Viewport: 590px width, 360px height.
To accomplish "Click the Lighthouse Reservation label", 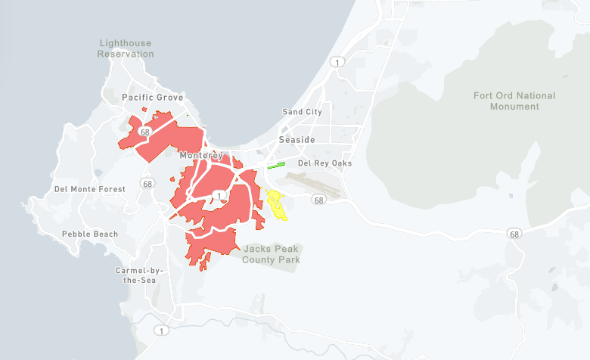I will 126,49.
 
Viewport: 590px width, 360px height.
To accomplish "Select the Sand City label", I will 302,112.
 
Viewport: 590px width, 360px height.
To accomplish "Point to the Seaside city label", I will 297,140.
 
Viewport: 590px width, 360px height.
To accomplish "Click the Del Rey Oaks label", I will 325,163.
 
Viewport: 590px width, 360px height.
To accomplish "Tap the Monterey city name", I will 201,156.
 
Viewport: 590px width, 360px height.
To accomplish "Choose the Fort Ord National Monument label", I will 514,101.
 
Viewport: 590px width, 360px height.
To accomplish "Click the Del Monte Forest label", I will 89,189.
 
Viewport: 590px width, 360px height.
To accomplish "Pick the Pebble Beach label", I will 90,234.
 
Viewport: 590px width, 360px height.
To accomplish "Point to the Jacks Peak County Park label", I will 271,254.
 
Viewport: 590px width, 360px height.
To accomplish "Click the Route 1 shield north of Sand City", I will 337,61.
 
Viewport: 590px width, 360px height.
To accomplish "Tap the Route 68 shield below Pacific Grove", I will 143,132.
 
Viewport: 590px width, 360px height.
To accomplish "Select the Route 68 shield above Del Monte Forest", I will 146,183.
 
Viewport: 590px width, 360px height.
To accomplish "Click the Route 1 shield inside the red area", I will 219,195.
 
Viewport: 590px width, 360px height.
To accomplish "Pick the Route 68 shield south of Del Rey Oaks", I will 318,200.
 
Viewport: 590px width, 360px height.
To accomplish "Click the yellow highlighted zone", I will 276,205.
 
